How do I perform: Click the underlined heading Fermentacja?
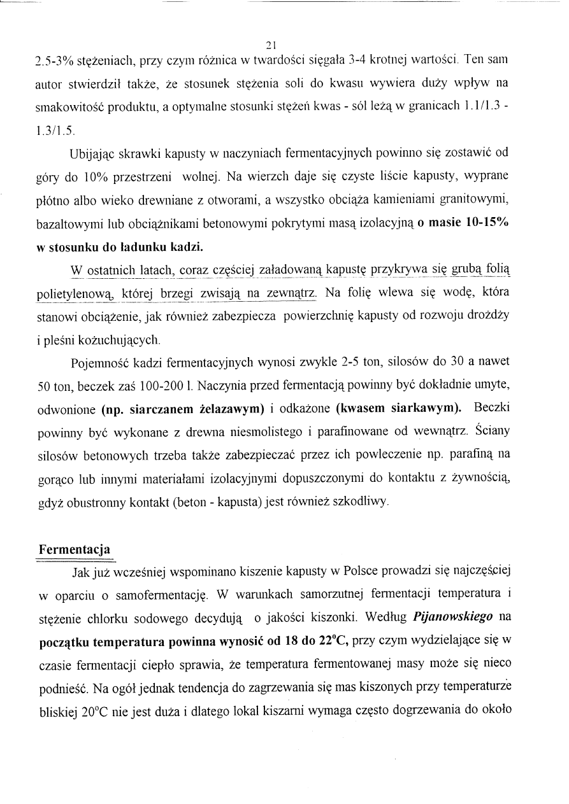pyautogui.click(x=75, y=548)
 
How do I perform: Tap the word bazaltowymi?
pyautogui.click(x=66, y=223)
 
